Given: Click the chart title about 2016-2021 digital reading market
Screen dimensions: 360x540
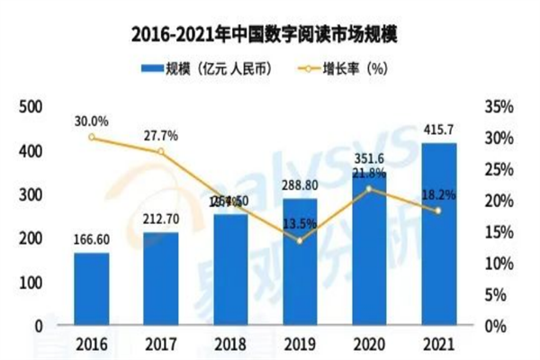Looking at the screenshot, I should [270, 34].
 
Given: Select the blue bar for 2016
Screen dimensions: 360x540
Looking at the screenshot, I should [92, 289].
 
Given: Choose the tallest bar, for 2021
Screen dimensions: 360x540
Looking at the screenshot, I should [438, 234].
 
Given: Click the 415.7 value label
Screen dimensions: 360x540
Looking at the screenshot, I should [438, 131].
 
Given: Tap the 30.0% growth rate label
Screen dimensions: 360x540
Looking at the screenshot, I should [92, 120].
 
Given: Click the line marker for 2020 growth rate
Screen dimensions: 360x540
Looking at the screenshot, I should [369, 188].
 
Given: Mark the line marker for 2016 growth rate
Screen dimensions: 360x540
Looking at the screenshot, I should [92, 137].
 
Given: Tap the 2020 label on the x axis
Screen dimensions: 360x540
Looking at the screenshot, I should [369, 344].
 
